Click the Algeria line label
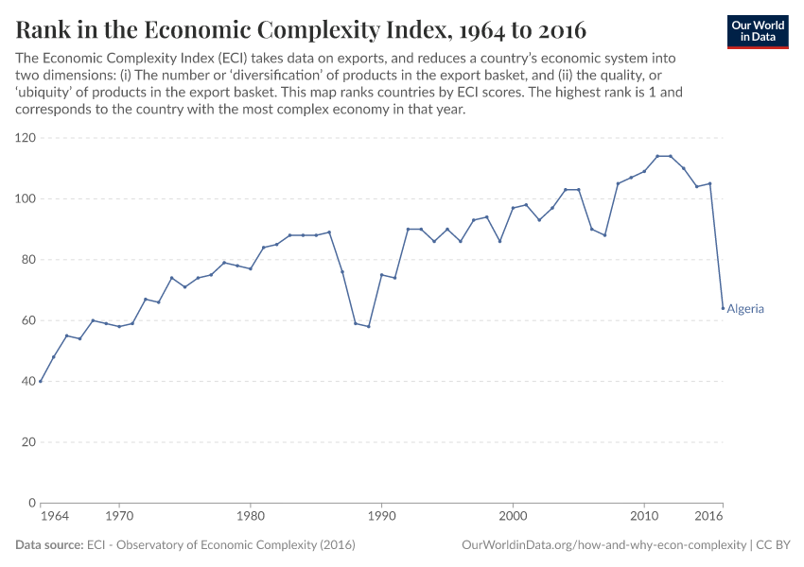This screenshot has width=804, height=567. (x=745, y=309)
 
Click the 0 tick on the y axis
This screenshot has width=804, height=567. (x=31, y=503)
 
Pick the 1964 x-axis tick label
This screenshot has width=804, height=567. (x=54, y=517)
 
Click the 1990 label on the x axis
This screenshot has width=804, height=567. (x=381, y=517)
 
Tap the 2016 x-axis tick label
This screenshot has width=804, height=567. (x=709, y=517)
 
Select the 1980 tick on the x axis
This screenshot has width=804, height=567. (x=250, y=517)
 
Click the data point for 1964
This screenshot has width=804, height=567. (x=41, y=381)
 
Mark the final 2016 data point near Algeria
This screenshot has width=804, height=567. (x=724, y=308)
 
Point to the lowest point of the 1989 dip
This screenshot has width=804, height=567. (x=368, y=326)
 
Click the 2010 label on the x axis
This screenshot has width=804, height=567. (x=644, y=517)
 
